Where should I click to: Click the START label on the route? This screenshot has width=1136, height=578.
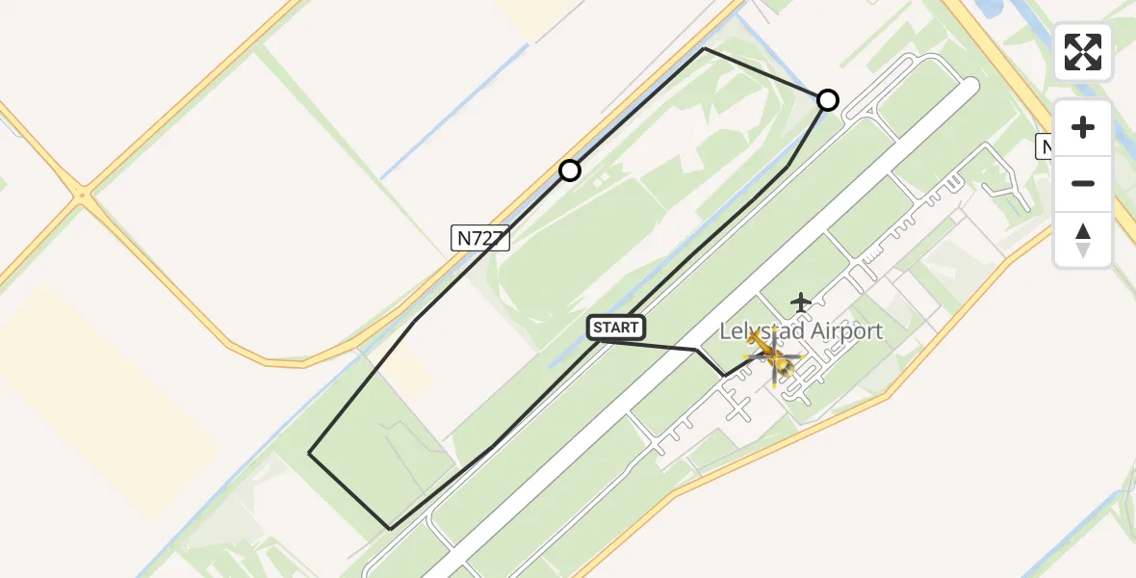616,328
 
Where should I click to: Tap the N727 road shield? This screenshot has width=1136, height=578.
479,239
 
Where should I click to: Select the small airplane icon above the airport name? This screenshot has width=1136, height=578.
801,302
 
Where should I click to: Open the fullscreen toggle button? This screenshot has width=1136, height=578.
1083,52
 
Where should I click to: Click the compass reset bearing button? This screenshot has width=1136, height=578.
1083,240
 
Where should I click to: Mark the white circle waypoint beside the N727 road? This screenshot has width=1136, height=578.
570,171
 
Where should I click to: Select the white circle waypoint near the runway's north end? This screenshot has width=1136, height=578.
828,100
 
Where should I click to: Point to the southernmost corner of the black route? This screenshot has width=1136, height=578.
390,529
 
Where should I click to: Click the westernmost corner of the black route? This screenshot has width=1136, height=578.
309,453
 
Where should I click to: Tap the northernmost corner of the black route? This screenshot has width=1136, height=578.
704,48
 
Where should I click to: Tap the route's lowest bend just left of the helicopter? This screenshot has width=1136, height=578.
724,376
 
